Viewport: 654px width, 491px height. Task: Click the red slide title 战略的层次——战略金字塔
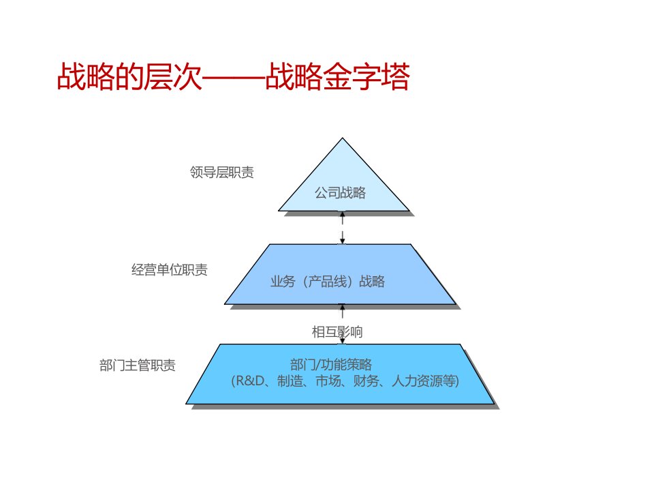[x=233, y=78]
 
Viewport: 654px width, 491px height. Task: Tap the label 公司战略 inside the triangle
[x=340, y=193]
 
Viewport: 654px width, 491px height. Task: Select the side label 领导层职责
[x=222, y=173]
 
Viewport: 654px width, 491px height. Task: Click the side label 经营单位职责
[x=170, y=269]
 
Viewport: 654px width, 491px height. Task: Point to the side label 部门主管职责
[x=138, y=366]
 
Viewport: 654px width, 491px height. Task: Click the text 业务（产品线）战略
[x=328, y=281]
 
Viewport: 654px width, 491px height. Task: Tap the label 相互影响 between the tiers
[x=337, y=332]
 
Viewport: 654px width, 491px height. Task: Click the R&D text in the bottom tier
[x=251, y=381]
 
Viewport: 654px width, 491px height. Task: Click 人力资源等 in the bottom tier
[x=425, y=381]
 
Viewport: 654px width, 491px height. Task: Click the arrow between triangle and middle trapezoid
[x=343, y=228]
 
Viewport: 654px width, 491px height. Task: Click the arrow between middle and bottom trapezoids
[x=343, y=316]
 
